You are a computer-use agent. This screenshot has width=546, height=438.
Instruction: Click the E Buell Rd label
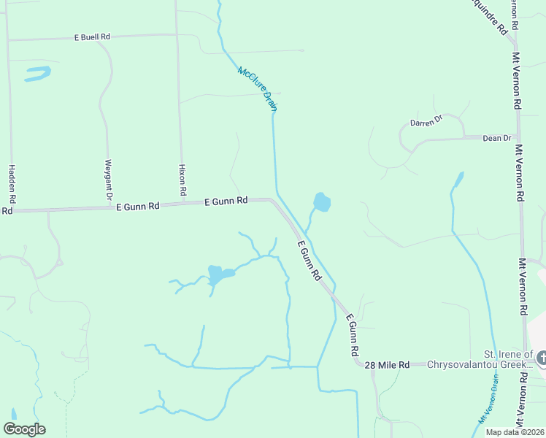coord(91,36)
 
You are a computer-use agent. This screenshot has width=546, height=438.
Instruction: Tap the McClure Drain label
coord(258,88)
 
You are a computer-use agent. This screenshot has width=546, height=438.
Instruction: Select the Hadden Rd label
coord(11,184)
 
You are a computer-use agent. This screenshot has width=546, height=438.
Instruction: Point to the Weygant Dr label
coord(108,180)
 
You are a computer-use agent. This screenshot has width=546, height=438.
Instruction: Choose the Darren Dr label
coord(426,120)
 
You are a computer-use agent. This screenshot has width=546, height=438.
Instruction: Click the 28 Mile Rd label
coord(388,364)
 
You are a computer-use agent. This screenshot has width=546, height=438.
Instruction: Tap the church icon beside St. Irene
coord(541,358)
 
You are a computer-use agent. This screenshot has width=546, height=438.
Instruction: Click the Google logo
coord(24,429)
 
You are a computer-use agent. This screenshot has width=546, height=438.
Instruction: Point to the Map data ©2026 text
coord(515,432)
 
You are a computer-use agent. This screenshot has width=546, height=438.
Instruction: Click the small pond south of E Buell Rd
coord(37,73)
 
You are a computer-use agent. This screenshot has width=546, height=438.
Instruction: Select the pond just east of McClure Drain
coord(321,201)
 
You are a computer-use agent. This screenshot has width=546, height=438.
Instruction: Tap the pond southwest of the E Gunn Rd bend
coord(217,274)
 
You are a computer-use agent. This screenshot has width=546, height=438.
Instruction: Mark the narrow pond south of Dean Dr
coord(458,179)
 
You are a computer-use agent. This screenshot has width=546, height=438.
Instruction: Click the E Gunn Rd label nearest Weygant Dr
coord(138,207)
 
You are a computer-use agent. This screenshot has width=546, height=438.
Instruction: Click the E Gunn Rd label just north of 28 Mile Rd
coord(352,335)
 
